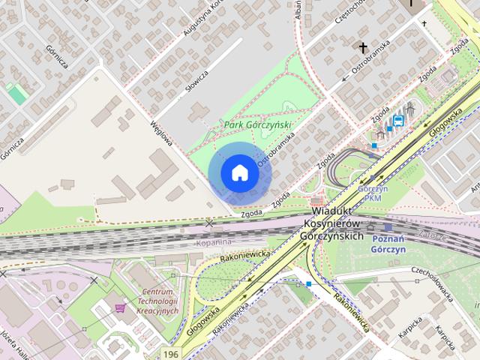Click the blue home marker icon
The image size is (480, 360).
pyautogui.click(x=239, y=172)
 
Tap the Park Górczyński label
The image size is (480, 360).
pyautogui.click(x=257, y=125)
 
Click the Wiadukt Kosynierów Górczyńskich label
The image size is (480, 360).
pyautogui.click(x=337, y=224)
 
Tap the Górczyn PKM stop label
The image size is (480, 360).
pyautogui.click(x=372, y=193)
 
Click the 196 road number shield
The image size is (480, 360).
pyautogui.click(x=172, y=352)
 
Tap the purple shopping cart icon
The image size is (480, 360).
pyautogui.click(x=120, y=307)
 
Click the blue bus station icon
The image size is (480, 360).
pyautogui.click(x=398, y=119)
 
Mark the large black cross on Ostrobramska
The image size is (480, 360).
pyautogui.click(x=364, y=48)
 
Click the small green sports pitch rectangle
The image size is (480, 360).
pyautogui.click(x=16, y=94)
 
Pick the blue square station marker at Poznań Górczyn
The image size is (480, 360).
pyautogui.click(x=388, y=227)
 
